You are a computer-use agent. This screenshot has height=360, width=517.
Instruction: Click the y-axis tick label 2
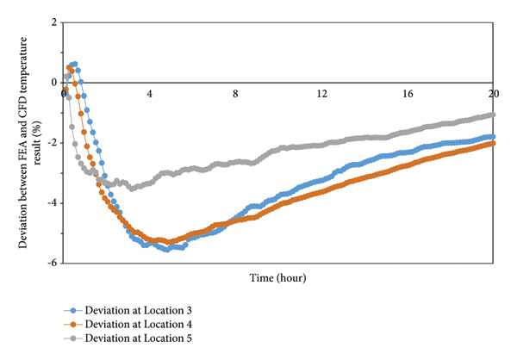pyautogui.click(x=55, y=22)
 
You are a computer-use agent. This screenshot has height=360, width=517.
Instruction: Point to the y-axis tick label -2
pyautogui.click(x=53, y=142)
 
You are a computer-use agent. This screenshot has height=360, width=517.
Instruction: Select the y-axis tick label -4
pyautogui.click(x=53, y=202)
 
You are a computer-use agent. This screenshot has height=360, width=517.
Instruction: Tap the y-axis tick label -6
pyautogui.click(x=53, y=263)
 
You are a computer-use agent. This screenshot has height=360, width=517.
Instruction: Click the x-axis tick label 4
pyautogui.click(x=150, y=92)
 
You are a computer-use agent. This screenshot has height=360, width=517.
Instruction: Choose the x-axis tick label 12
pyautogui.click(x=321, y=92)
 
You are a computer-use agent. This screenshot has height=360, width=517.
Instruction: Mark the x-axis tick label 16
pyautogui.click(x=408, y=92)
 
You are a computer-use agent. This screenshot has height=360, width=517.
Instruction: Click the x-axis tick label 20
pyautogui.click(x=493, y=92)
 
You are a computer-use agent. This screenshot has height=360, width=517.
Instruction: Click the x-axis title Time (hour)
pyautogui.click(x=277, y=278)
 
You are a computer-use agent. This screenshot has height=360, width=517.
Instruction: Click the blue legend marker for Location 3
pyautogui.click(x=73, y=308)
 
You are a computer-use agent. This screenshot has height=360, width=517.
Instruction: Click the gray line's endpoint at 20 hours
pyautogui.click(x=493, y=114)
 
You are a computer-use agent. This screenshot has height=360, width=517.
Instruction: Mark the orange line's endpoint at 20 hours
pyautogui.click(x=493, y=144)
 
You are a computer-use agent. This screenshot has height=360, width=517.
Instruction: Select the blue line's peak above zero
pyautogui.click(x=75, y=64)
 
